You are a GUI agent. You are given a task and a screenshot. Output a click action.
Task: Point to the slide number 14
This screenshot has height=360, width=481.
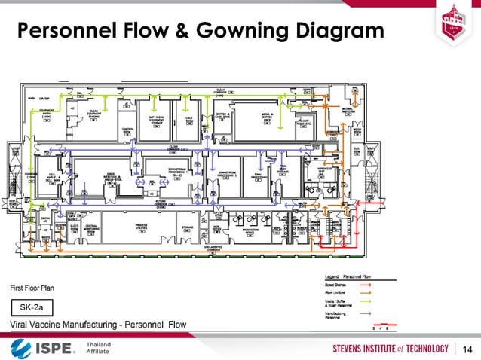[467, 348]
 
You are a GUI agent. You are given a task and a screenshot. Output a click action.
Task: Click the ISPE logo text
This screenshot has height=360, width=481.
[53, 347]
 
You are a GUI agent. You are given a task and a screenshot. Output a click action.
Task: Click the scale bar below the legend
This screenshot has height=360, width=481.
[385, 327]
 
